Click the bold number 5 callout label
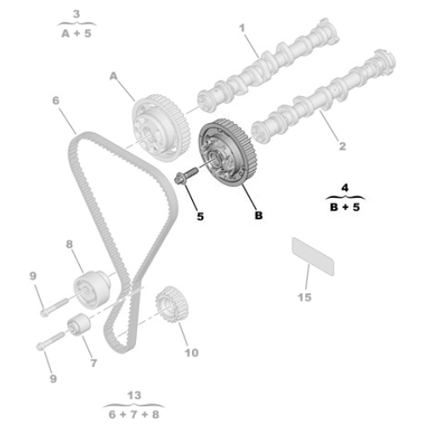click(201, 217)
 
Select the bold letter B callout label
click(258, 215)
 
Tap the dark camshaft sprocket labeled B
click(228, 152)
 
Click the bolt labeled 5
click(186, 174)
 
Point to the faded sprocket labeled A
click(161, 128)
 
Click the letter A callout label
click(113, 76)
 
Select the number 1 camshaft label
click(241, 28)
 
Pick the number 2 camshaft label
click(343, 146)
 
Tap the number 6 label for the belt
click(56, 100)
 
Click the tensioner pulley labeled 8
click(92, 290)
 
